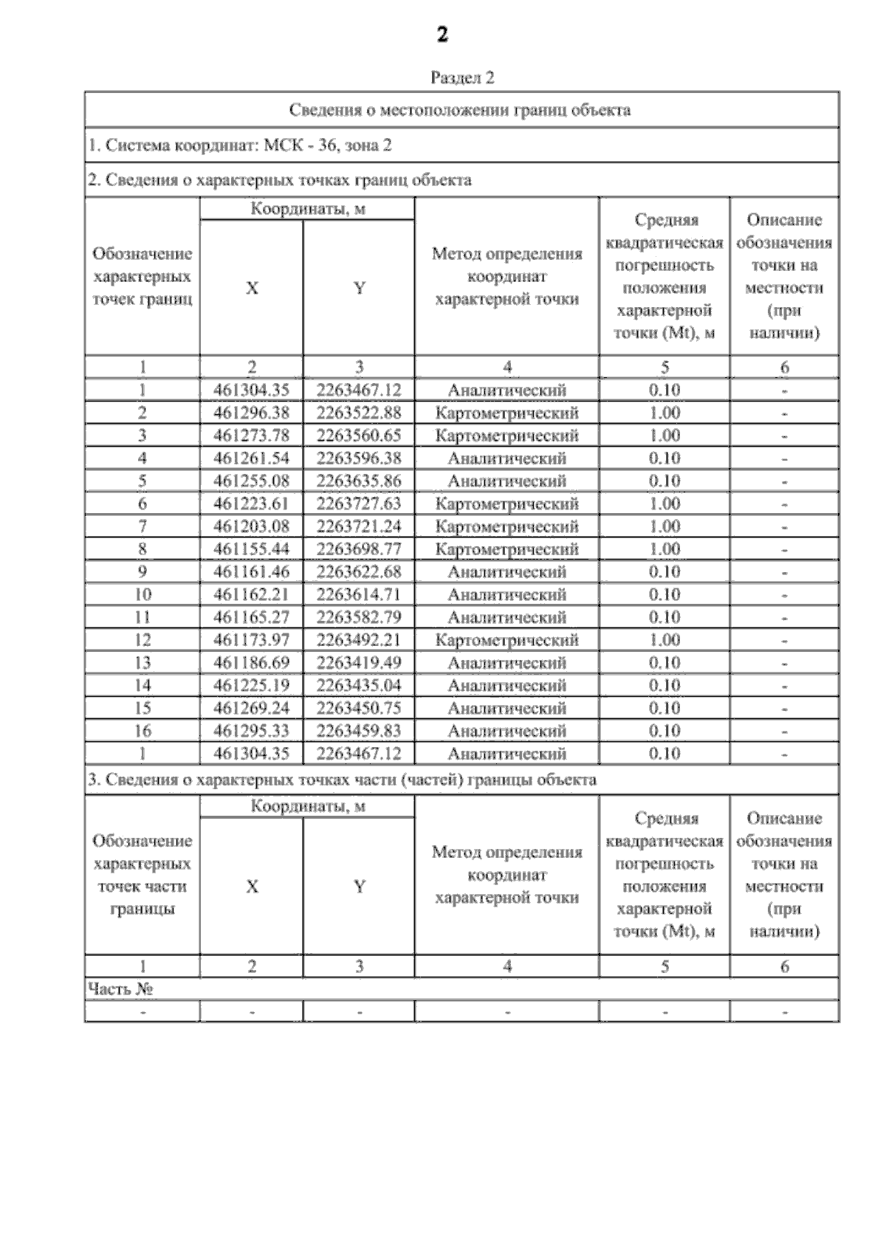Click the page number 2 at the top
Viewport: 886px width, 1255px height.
pos(442,35)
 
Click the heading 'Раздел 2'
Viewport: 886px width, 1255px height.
pos(461,78)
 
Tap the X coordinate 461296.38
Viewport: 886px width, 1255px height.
pos(251,413)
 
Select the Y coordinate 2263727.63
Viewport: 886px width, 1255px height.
pos(359,503)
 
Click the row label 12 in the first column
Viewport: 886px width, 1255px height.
pos(142,640)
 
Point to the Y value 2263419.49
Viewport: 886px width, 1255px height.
pos(359,663)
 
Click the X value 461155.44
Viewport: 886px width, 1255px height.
pos(251,549)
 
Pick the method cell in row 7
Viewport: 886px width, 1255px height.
pos(506,526)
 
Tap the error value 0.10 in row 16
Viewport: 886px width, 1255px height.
pos(664,731)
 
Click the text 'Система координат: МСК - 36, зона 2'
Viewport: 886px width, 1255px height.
pos(240,145)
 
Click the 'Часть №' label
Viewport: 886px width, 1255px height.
pos(120,989)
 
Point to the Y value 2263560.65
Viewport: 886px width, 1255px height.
pos(359,436)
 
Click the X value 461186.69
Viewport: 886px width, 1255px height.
pos(251,663)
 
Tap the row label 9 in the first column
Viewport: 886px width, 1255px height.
pos(142,572)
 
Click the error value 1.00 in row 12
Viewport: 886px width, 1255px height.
pos(664,640)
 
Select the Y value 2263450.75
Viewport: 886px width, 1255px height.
pos(359,708)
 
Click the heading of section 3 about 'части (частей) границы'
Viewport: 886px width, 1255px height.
pos(342,780)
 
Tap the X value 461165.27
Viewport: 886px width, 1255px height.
pos(251,617)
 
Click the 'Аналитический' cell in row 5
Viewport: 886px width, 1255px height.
pos(506,481)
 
